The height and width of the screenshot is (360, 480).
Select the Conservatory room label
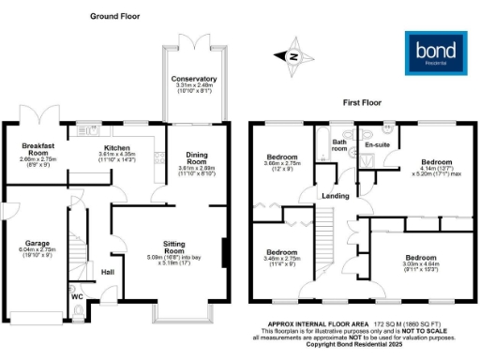coord(194,79)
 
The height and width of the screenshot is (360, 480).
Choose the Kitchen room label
coord(117,148)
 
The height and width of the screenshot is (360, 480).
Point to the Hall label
coord(108,272)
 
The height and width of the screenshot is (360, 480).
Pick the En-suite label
coord(377,146)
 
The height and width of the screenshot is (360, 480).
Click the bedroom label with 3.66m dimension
coord(281,157)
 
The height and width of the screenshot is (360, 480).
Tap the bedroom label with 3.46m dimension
coord(281,252)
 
